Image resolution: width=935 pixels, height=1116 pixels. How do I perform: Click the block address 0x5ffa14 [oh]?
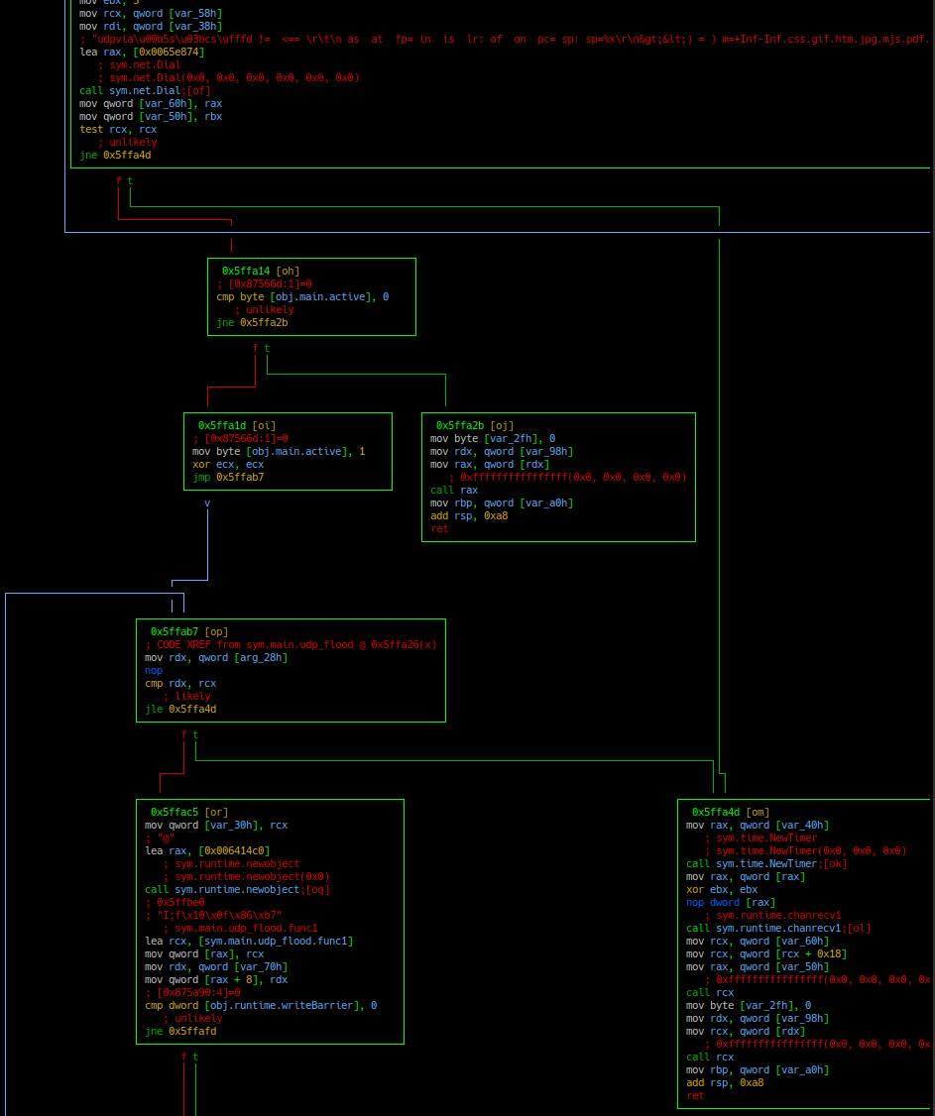260,271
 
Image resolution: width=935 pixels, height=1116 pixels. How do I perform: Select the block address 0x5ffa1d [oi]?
236,425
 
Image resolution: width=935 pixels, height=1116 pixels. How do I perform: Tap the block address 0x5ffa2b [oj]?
474,425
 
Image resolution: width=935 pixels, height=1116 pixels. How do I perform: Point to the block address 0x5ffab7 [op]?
188,631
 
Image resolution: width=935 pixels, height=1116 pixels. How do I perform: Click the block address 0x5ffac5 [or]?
188,812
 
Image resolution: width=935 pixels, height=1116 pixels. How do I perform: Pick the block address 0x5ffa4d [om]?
730,812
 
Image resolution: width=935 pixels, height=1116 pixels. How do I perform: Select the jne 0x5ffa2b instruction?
252,322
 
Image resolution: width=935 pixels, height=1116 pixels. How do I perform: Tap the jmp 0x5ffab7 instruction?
228,477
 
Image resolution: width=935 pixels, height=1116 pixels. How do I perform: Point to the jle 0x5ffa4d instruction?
180,709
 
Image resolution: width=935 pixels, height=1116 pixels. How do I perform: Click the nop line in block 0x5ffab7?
154,670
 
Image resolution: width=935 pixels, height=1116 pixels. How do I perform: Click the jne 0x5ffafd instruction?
180,1031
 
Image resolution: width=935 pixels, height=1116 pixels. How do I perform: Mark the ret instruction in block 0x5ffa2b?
439,528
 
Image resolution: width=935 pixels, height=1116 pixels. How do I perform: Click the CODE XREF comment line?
290,644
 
